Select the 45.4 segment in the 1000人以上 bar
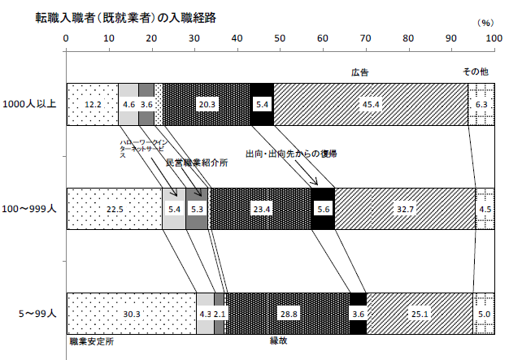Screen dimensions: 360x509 (371, 104)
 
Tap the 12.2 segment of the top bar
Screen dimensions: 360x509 (92, 104)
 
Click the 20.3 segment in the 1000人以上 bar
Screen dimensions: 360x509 (207, 104)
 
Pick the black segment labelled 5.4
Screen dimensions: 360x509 (262, 104)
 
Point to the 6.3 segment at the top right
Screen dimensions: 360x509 (481, 104)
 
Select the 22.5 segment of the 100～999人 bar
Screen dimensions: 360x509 (114, 208)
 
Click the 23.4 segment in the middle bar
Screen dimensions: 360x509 (261, 208)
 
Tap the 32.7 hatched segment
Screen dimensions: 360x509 (404, 208)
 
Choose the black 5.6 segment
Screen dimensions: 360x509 (323, 208)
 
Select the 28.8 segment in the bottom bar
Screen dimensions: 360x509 (287, 313)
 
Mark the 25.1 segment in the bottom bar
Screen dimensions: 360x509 (420, 313)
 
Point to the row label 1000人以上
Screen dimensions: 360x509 (28, 104)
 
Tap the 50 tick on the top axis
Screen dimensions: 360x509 (279, 38)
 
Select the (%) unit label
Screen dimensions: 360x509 (485, 25)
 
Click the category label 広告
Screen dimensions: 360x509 (359, 72)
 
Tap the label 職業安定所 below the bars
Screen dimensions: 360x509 (91, 341)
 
